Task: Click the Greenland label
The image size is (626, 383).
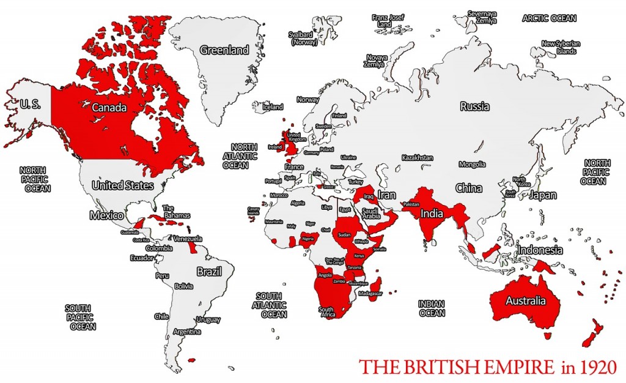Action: point(224,50)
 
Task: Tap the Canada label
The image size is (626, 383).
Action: point(109,108)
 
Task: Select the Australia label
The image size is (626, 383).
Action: point(525,301)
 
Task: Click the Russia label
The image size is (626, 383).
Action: point(474,106)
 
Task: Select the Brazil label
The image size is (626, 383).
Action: point(208,271)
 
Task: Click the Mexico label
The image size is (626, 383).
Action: point(107,216)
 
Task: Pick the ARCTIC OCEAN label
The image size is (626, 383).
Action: point(548,18)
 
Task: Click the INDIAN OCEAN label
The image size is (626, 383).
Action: point(432,308)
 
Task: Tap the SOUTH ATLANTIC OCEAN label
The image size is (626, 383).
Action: point(273,305)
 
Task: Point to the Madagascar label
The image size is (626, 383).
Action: point(370,294)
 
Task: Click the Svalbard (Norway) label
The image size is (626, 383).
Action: point(303,39)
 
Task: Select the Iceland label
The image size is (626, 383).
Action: point(273,106)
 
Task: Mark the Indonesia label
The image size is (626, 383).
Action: point(539,250)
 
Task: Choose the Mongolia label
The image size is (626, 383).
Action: point(473,164)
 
